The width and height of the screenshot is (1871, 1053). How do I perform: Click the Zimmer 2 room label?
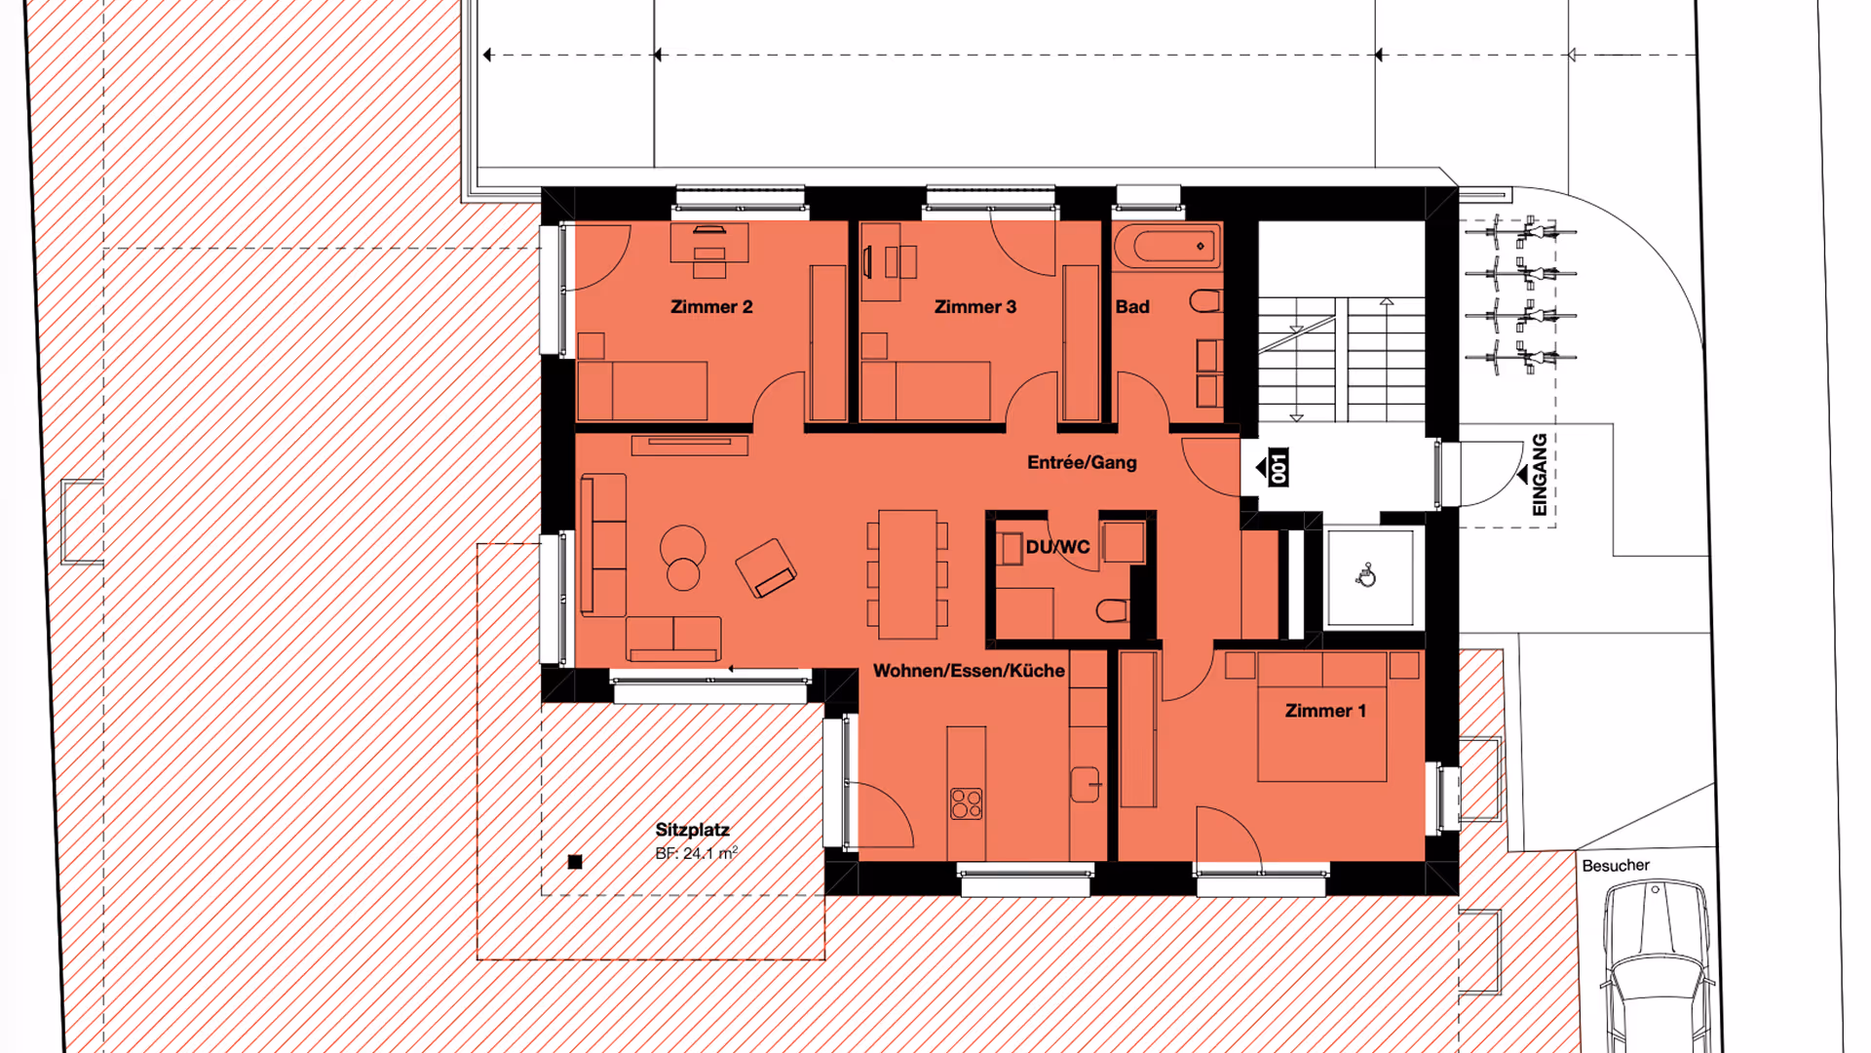711,307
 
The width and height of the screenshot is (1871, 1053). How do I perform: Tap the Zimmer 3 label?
974,307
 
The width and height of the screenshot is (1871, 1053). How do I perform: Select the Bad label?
1132,307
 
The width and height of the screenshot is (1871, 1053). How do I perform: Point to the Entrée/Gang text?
1082,462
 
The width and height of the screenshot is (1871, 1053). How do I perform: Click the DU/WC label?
1057,547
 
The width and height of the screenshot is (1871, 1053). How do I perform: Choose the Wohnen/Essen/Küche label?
969,671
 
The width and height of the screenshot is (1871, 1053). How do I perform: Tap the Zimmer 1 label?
1325,711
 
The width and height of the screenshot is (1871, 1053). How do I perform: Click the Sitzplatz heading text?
692,830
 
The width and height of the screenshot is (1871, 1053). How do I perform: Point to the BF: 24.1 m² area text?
696,853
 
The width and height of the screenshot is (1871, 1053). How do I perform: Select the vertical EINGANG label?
1540,475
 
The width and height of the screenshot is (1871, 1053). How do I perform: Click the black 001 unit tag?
1278,468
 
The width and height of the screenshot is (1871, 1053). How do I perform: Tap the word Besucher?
1616,866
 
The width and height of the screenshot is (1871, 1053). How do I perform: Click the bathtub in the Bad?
1167,246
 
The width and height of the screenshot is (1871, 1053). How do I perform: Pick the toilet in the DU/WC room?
1112,611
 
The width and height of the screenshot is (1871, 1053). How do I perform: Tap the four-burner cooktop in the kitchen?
967,804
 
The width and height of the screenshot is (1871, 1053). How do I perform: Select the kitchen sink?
1085,784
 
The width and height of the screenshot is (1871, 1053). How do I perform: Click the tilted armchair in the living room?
766,568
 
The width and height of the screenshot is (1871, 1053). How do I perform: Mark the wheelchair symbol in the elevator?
1366,576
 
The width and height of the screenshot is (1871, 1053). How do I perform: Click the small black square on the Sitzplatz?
575,862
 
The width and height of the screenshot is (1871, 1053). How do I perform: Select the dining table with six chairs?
907,574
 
